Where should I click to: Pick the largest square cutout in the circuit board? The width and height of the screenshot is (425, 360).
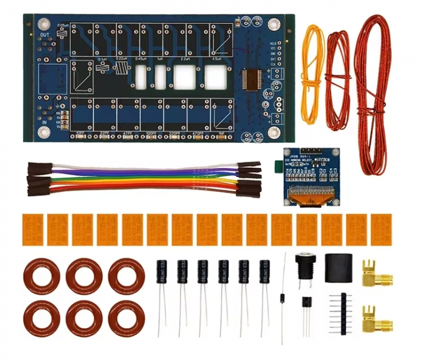[183, 76]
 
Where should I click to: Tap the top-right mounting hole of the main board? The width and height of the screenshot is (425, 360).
[274, 25]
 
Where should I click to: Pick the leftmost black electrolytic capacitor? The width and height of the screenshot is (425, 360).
[162, 274]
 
